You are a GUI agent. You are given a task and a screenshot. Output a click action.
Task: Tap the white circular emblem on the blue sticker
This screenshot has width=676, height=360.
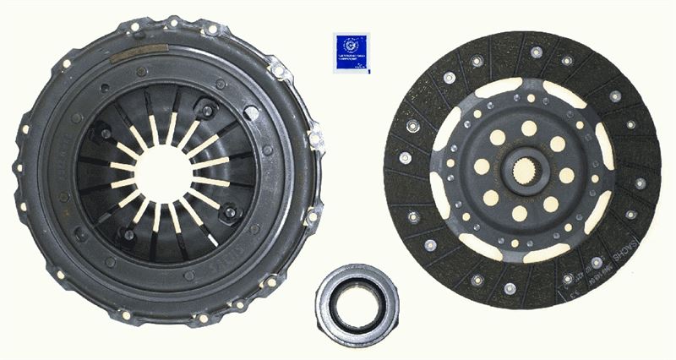(x=351, y=42)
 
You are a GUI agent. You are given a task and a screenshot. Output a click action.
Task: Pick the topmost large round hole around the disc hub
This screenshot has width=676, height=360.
(x=528, y=128)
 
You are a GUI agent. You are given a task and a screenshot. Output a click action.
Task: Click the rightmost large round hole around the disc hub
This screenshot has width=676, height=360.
(x=566, y=176)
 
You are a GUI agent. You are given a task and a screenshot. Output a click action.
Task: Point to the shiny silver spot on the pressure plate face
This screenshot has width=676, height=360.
(x=252, y=112)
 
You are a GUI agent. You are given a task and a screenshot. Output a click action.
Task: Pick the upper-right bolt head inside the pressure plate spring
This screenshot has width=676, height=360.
(x=205, y=107)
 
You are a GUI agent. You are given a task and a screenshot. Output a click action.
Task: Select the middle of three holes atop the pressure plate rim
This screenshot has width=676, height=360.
(x=172, y=22)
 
